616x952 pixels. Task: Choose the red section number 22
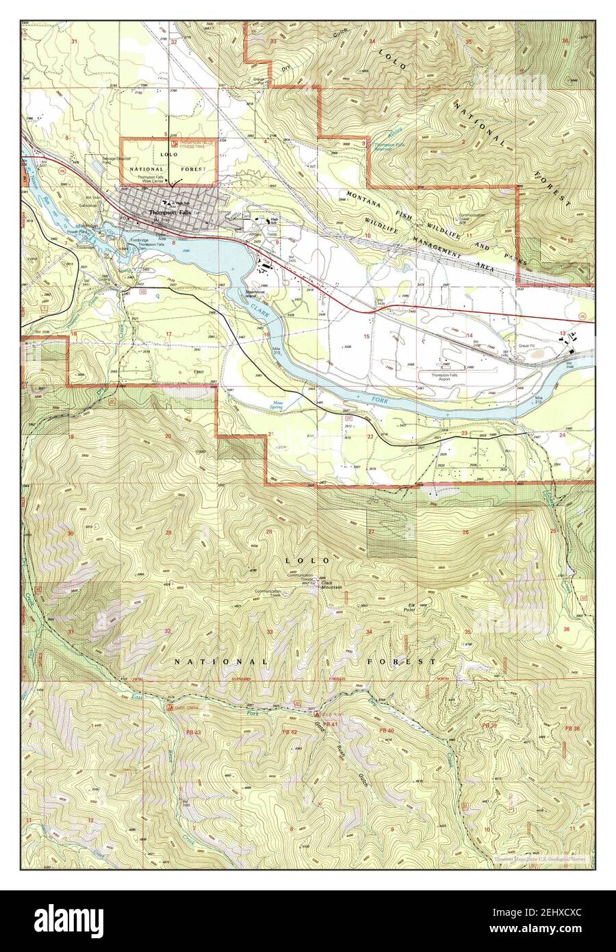click(x=370, y=436)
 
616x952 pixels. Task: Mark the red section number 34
click(x=369, y=631)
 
